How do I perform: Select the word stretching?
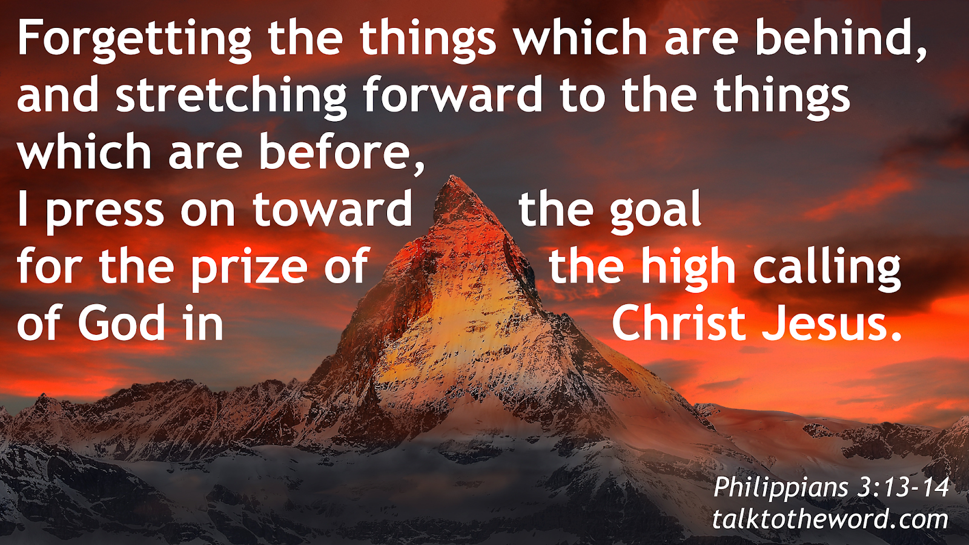pos(231,96)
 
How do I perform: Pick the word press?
pos(105,211)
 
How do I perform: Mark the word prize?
pos(249,267)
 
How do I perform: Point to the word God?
pos(121,323)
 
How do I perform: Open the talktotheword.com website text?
pos(830,520)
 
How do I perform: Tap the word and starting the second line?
pos(58,96)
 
